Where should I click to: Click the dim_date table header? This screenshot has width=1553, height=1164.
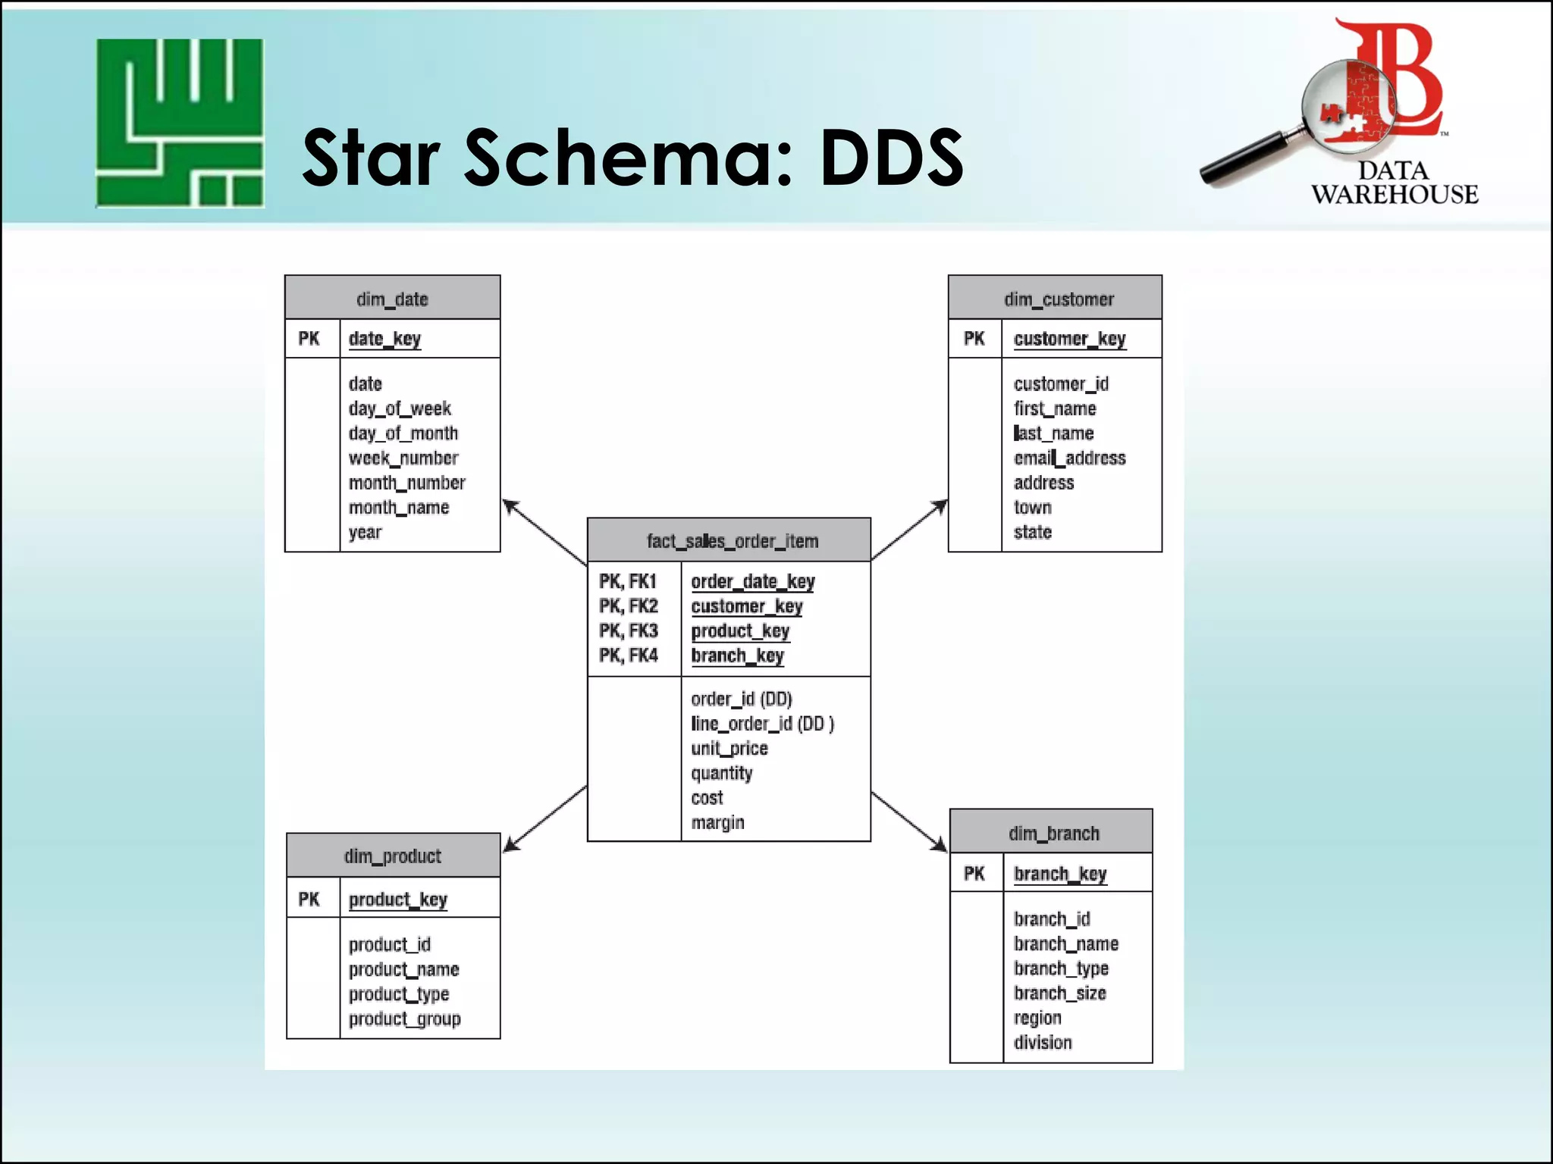[392, 299]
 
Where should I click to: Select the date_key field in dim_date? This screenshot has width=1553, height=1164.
[384, 339]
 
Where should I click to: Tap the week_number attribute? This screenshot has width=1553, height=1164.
[403, 458]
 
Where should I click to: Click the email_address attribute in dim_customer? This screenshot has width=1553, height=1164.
[1069, 458]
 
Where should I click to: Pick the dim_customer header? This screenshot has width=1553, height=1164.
[1058, 299]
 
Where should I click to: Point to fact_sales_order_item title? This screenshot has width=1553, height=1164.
[732, 540]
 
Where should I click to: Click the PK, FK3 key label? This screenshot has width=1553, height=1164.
[628, 630]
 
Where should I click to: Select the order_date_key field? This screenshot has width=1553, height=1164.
[752, 581]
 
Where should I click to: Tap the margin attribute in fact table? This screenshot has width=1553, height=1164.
[717, 822]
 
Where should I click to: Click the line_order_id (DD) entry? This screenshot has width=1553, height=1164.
[761, 724]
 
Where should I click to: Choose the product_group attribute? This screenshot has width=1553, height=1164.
[404, 1018]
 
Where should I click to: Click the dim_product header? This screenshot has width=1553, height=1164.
[392, 856]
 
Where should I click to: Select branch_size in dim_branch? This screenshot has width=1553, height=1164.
[1059, 993]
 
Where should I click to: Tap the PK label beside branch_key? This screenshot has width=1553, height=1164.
[974, 874]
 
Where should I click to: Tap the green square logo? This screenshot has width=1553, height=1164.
[180, 123]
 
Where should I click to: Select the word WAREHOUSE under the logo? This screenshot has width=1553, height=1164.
[1395, 194]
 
